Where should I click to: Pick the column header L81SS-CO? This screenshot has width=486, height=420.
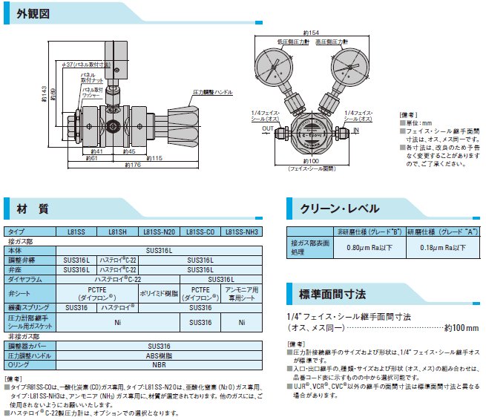click(200, 232)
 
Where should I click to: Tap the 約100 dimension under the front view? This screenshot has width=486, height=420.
click(311, 161)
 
